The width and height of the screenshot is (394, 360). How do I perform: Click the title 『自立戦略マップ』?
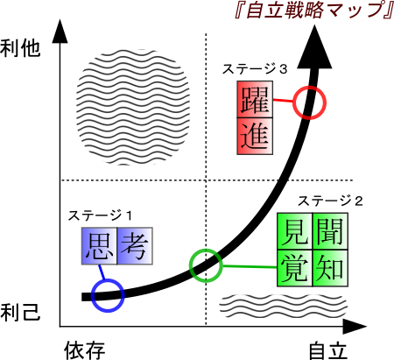coord(314,11)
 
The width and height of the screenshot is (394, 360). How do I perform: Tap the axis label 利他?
coord(20,48)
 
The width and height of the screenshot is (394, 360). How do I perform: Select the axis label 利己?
coord(20,312)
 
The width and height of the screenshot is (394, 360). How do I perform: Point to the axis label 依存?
coord(85,350)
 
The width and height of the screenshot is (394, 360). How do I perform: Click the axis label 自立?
coord(328,350)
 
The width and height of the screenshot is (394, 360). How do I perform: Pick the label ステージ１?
coord(100,215)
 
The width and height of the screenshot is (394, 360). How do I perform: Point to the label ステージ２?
coord(330,201)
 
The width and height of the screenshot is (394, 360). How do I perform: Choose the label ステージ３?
coord(255,69)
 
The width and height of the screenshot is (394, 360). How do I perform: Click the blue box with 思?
coord(99,246)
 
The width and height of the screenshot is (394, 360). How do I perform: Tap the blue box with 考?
coord(135,246)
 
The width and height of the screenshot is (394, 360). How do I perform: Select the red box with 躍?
coord(255,99)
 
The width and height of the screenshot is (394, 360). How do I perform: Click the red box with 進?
coord(255,136)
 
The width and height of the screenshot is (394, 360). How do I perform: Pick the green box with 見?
coord(295,231)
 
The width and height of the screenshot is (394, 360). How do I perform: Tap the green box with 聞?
coord(330,231)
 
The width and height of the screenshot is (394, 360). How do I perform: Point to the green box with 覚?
coord(295,268)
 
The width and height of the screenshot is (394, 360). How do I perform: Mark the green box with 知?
coord(330,268)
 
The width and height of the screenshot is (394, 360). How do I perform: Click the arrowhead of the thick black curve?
coord(314,50)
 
